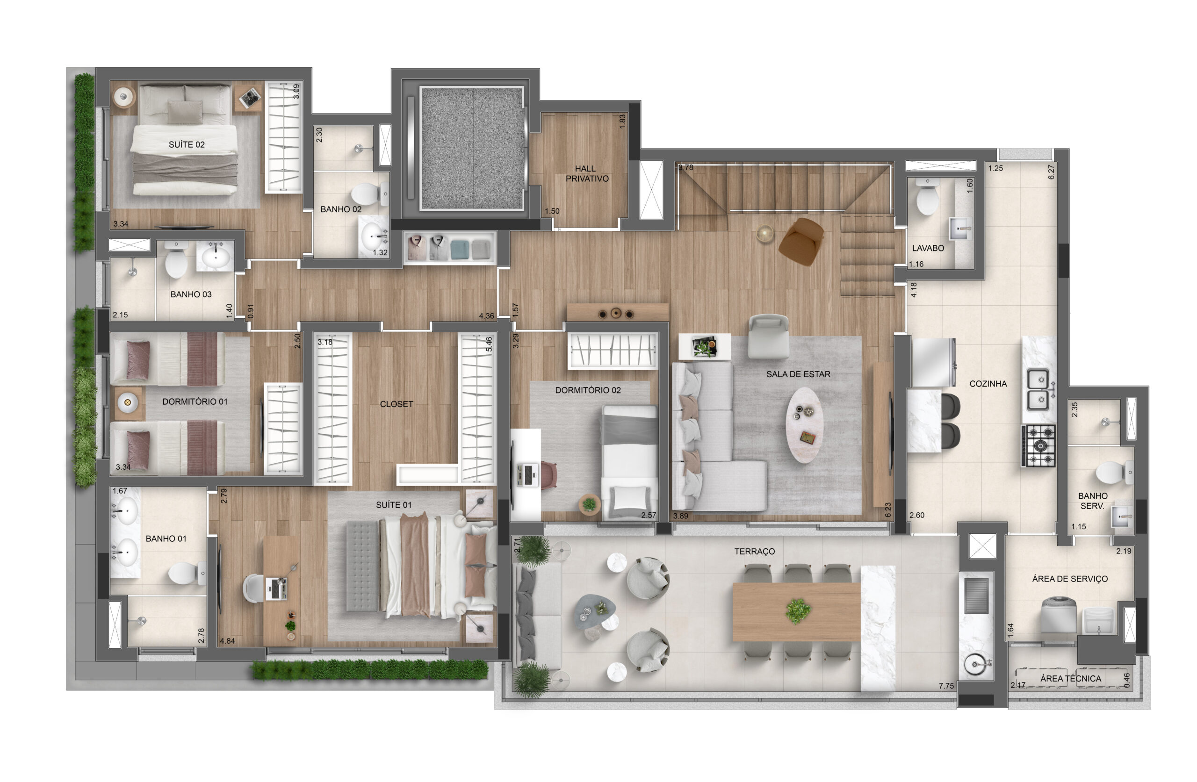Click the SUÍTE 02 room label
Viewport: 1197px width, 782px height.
click(187, 144)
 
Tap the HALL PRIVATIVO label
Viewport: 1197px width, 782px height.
click(586, 173)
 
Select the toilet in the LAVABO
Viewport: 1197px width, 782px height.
click(926, 196)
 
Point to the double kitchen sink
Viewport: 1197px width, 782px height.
click(1038, 390)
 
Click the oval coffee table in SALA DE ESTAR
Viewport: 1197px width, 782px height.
click(804, 424)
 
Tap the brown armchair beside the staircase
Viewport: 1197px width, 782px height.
click(800, 241)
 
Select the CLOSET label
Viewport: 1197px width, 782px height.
click(397, 404)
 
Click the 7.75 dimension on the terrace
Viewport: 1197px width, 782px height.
click(946, 686)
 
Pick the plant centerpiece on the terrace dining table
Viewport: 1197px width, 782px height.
click(798, 611)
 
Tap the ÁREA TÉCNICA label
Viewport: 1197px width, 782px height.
click(1071, 678)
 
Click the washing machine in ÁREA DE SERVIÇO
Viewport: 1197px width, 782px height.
click(1058, 614)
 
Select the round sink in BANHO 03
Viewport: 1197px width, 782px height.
click(215, 257)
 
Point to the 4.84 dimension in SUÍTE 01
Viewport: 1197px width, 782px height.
click(227, 641)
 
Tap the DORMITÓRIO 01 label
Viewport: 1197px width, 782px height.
click(195, 402)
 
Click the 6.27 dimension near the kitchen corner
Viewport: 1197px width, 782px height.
click(1051, 172)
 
